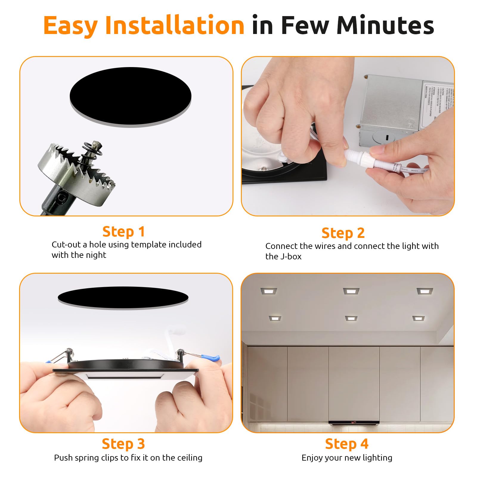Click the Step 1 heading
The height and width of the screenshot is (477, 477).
pyautogui.click(x=123, y=232)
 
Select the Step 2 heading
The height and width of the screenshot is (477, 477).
pyautogui.click(x=343, y=233)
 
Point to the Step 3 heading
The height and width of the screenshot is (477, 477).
pyautogui.click(x=123, y=444)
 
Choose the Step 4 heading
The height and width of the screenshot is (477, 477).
pyautogui.click(x=346, y=444)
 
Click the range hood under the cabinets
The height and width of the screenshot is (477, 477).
pyautogui.click(x=354, y=422)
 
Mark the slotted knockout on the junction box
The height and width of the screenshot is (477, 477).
pyautogui.click(x=387, y=137)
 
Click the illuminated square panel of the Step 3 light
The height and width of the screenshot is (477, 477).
pyautogui.click(x=125, y=376)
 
